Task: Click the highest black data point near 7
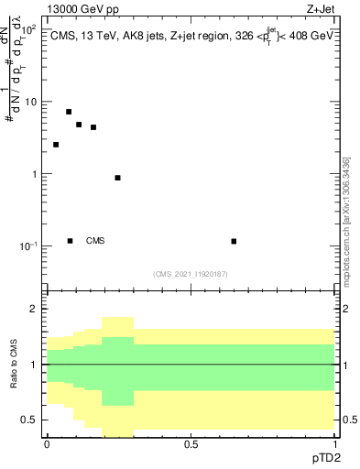point(69,112)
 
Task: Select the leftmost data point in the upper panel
point(56,145)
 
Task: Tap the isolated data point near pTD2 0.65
point(235,241)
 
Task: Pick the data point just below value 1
point(117,178)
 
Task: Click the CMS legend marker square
point(71,241)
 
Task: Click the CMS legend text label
point(95,241)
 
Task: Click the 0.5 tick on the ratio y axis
point(30,420)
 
